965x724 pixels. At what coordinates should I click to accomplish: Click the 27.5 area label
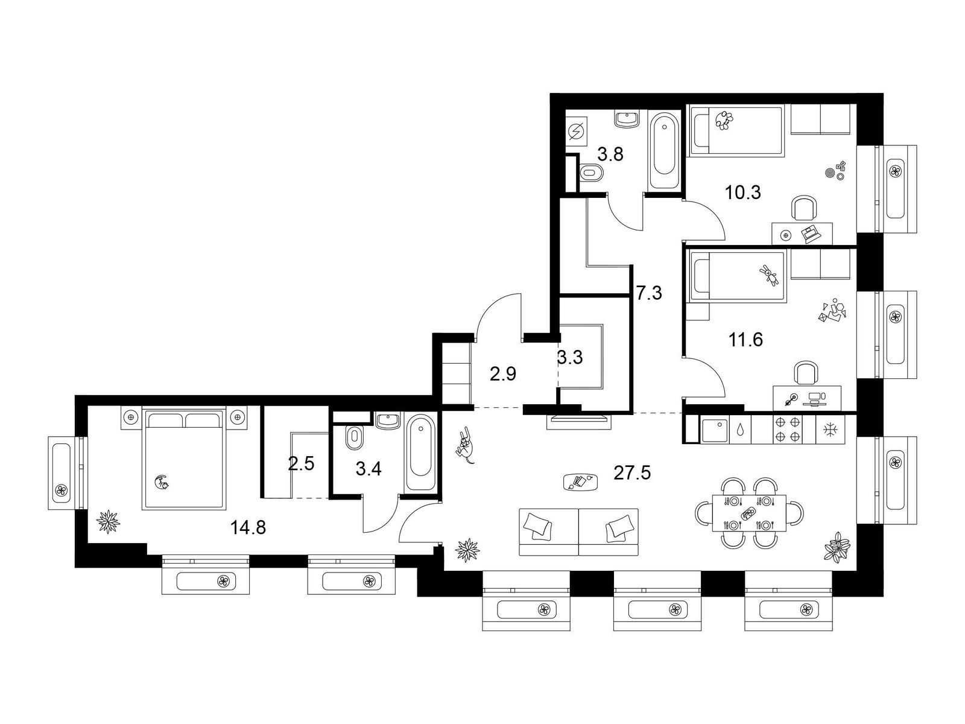pyautogui.click(x=631, y=473)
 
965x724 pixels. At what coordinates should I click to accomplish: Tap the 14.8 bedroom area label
pyautogui.click(x=248, y=527)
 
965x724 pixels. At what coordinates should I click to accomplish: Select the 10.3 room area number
pyautogui.click(x=742, y=192)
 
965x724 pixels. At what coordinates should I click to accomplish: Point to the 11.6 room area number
pyautogui.click(x=745, y=340)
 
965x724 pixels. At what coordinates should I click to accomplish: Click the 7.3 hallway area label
pyautogui.click(x=650, y=293)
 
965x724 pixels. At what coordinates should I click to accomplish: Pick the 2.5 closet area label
pyautogui.click(x=301, y=464)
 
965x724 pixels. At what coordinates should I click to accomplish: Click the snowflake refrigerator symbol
pyautogui.click(x=830, y=429)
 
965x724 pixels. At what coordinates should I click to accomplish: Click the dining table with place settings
pyautogui.click(x=749, y=513)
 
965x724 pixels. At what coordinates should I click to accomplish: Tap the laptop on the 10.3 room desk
pyautogui.click(x=809, y=233)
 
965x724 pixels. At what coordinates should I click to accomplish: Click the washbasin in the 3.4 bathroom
pyautogui.click(x=387, y=421)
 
